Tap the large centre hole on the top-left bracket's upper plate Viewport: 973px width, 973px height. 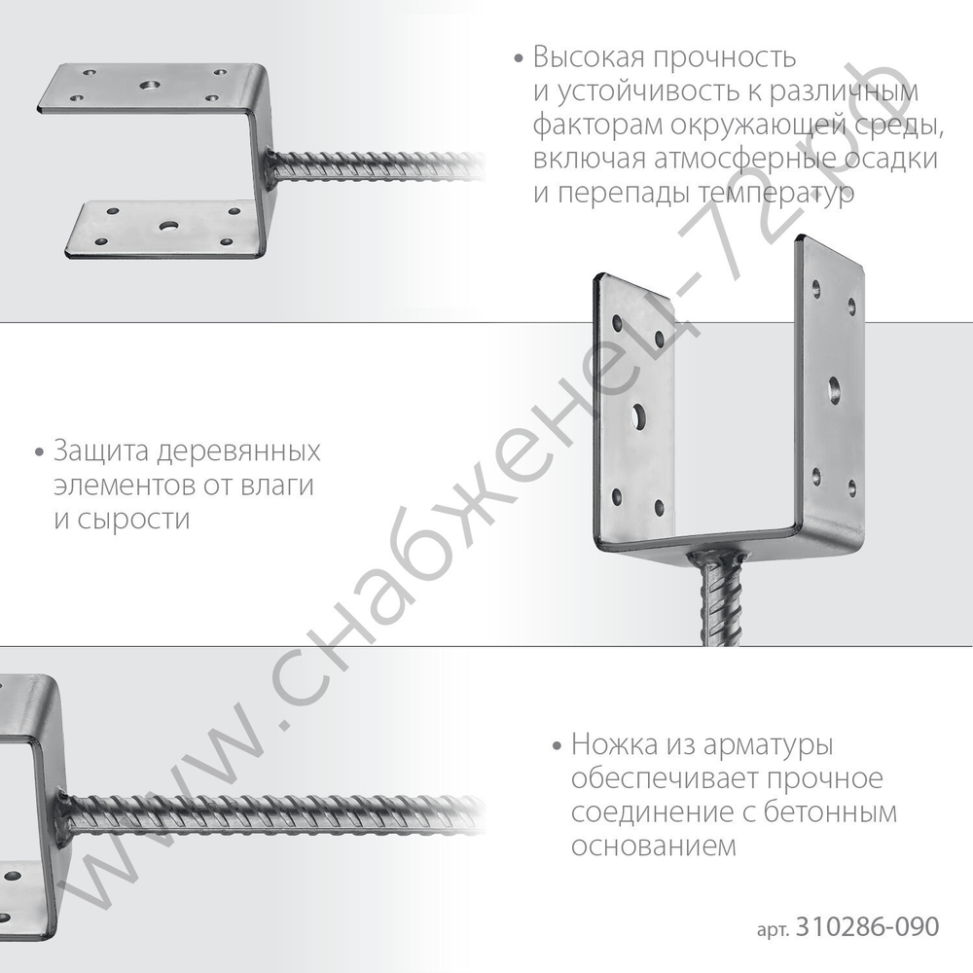(151, 87)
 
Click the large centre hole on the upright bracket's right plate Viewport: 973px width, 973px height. (834, 389)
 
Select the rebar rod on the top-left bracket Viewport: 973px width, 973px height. (379, 166)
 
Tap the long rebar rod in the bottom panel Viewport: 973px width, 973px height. (272, 813)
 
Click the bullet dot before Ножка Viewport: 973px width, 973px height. (557, 748)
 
